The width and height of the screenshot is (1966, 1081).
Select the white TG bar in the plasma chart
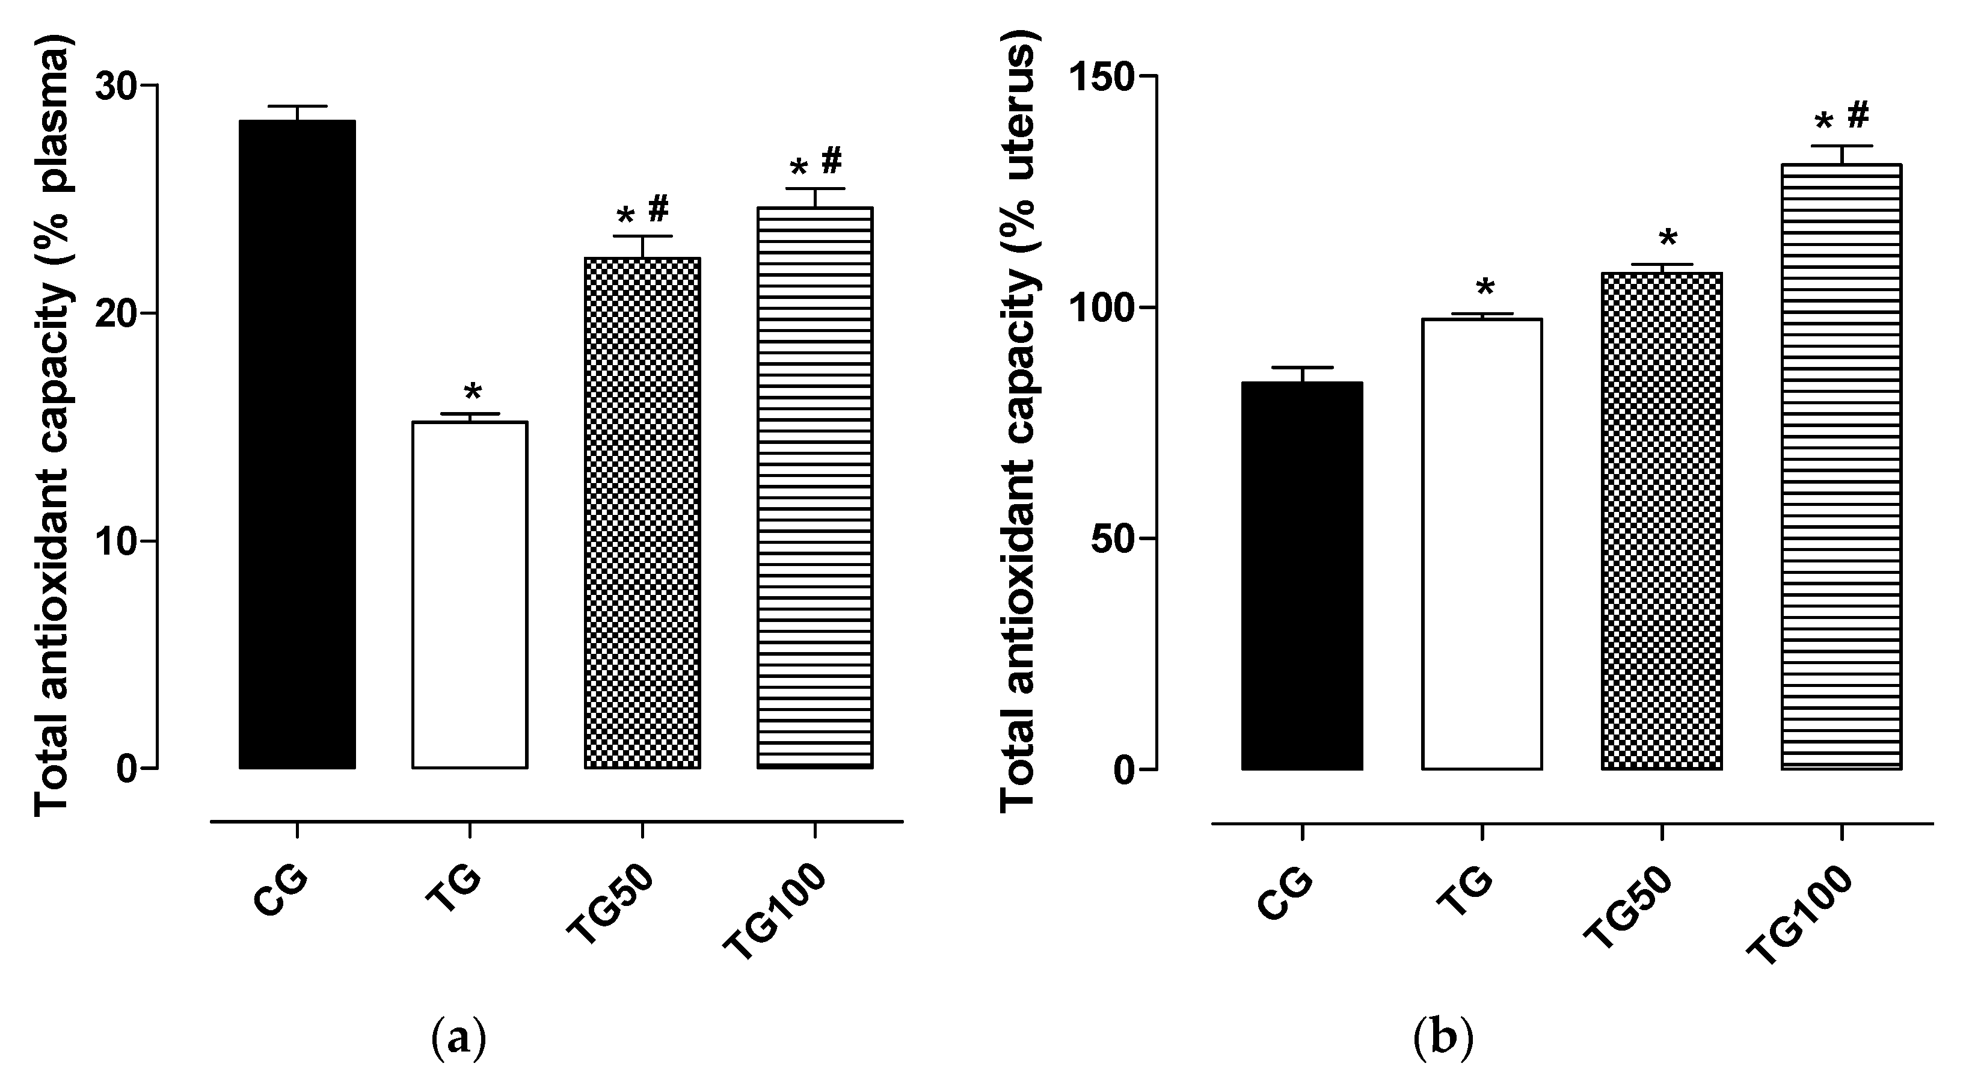coord(469,595)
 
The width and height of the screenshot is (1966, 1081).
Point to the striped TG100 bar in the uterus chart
coord(1841,466)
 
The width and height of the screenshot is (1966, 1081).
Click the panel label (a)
coord(458,1039)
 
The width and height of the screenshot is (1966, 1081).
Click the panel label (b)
coord(1442,1039)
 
